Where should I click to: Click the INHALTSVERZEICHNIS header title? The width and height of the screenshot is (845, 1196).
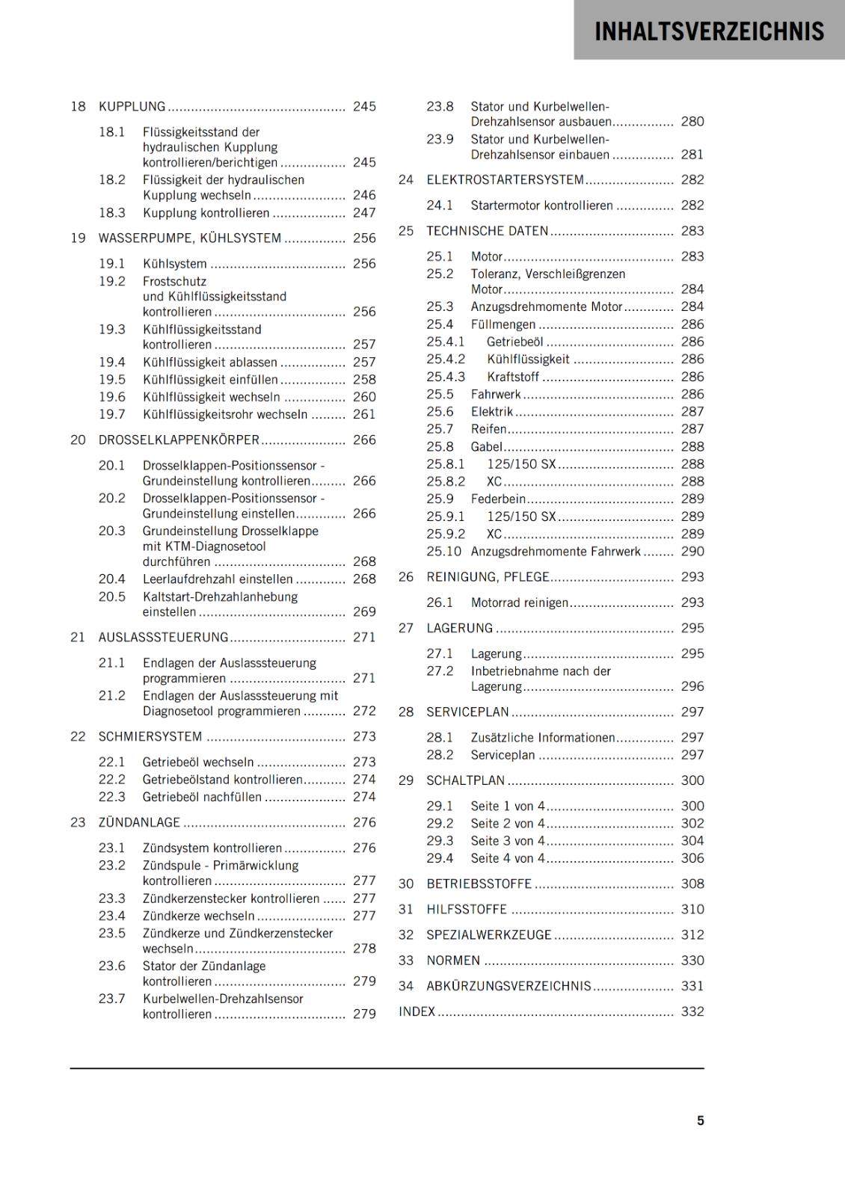709,31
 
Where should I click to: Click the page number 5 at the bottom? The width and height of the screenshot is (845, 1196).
701,1121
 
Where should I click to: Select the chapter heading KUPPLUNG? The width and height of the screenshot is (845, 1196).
132,107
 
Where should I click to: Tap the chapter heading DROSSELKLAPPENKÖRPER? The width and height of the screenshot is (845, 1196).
179,440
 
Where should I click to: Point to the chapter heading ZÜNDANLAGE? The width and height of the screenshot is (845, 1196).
139,823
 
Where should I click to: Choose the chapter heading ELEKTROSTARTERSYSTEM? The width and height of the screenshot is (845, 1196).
505,180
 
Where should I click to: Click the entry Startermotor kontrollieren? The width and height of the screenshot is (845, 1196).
541,206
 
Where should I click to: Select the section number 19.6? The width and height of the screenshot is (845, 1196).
112,397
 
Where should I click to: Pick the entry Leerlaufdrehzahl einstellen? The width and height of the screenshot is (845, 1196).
218,579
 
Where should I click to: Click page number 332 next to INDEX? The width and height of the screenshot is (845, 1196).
692,1011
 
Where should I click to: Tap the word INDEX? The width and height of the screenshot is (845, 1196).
417,1011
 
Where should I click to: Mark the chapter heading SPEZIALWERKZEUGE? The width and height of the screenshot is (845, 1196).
489,935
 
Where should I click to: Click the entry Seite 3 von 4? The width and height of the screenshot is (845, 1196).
508,841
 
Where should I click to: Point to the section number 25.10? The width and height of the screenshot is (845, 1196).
444,552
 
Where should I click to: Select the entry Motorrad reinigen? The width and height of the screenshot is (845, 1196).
520,602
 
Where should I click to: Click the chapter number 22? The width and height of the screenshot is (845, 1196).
79,737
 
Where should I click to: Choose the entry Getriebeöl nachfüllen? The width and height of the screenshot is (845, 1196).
202,798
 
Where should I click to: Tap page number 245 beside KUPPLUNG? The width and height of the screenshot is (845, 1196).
364,107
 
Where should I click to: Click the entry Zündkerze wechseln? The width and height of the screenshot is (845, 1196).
199,916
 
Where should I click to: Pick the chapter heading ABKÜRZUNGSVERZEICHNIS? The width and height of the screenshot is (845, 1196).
508,986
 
